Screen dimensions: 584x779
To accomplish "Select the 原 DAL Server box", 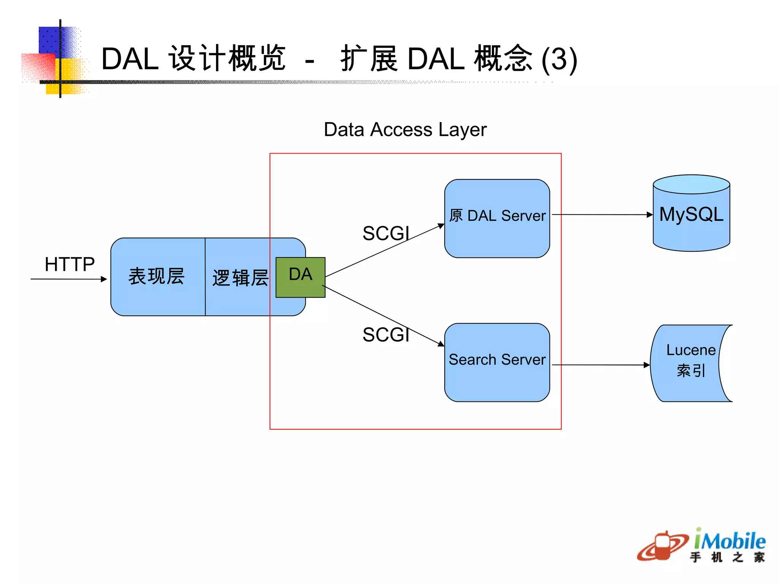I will (x=497, y=218).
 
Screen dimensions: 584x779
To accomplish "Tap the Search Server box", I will (x=497, y=362).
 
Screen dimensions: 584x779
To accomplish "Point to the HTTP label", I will (x=70, y=264).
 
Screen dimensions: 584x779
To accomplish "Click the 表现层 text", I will (x=156, y=276).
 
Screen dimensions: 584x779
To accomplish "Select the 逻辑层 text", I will (x=240, y=278).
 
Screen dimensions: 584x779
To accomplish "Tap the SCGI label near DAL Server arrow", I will (x=386, y=233).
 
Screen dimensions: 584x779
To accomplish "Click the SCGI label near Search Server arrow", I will (x=386, y=335).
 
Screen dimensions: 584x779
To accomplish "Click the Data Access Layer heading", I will (x=405, y=130).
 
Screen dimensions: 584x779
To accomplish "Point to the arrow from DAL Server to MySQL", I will (x=601, y=215).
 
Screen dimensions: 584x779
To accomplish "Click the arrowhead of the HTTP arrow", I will (x=104, y=279).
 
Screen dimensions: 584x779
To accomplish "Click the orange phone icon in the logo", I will (x=663, y=547).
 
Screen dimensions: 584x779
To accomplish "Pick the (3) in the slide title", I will (x=559, y=59).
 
